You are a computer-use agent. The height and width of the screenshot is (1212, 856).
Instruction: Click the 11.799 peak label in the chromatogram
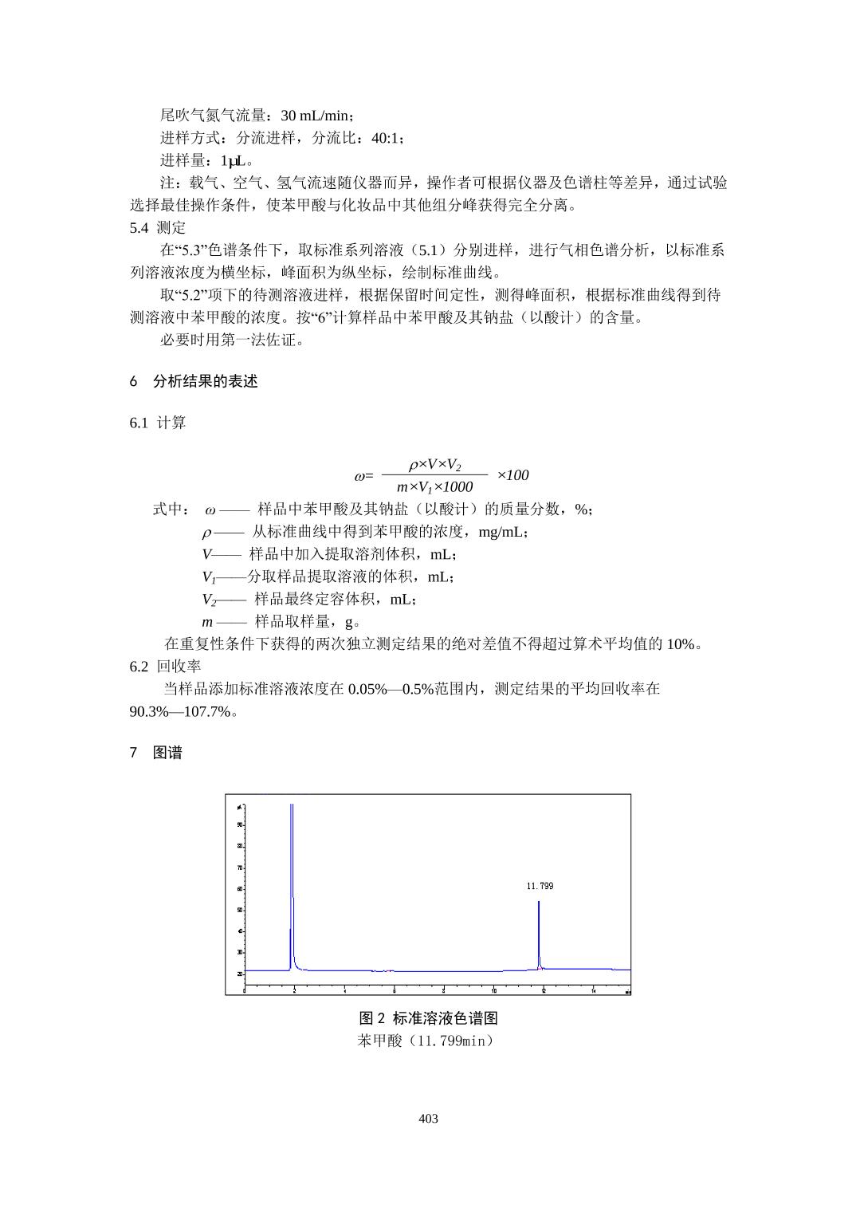click(x=540, y=886)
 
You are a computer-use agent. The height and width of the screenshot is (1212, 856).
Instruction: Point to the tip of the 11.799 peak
click(x=539, y=902)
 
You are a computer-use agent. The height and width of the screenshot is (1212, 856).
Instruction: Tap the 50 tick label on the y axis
click(x=240, y=910)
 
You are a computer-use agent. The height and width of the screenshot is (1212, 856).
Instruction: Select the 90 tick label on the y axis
click(x=240, y=824)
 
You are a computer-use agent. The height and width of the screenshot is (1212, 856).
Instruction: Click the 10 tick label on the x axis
click(x=494, y=991)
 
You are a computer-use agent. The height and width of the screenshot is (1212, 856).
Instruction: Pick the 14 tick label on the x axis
click(x=594, y=991)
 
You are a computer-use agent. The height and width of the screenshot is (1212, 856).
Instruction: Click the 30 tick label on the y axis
click(x=240, y=952)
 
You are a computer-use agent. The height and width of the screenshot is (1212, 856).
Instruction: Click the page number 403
click(x=428, y=1119)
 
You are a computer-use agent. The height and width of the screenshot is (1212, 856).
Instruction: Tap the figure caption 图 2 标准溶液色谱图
click(x=428, y=1018)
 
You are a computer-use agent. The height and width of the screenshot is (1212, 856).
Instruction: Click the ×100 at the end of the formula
click(x=512, y=475)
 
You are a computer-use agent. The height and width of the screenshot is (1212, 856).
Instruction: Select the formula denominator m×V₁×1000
click(x=434, y=487)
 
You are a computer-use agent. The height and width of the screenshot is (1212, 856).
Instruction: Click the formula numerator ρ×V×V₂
click(x=434, y=464)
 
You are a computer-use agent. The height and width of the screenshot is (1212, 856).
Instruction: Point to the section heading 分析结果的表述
click(x=206, y=381)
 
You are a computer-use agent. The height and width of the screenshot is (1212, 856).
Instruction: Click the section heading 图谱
click(x=167, y=753)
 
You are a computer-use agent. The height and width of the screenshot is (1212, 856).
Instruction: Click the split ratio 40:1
click(x=386, y=138)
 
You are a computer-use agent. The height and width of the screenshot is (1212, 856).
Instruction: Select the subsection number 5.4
click(x=139, y=228)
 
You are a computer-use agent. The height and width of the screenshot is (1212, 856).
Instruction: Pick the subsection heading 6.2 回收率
click(x=165, y=666)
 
